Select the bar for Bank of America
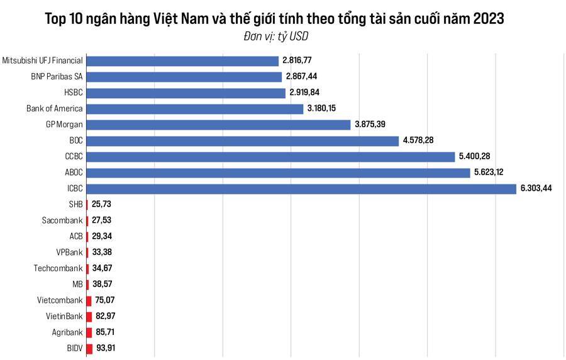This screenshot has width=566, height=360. pyautogui.click(x=194, y=109)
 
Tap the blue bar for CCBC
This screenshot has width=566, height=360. pyautogui.click(x=270, y=157)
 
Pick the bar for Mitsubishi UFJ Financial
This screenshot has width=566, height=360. pyautogui.click(x=182, y=61)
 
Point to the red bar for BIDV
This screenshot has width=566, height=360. pyautogui.click(x=89, y=348)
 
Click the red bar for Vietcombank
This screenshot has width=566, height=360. pyautogui.click(x=89, y=300)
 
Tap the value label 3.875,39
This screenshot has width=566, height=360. pyautogui.click(x=370, y=125)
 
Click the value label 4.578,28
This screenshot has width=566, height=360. pyautogui.click(x=419, y=140)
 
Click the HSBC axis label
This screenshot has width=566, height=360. pyautogui.click(x=74, y=93)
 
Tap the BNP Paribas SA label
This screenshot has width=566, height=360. pyautogui.click(x=57, y=77)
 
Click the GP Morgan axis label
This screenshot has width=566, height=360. pyautogui.click(x=64, y=125)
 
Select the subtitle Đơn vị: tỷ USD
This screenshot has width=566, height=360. pyautogui.click(x=275, y=37)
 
